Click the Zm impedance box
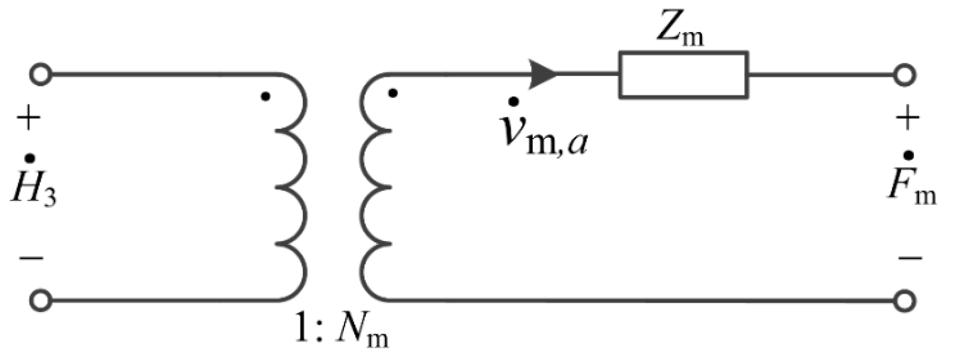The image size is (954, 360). point(683,74)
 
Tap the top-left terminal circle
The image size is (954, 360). point(41,74)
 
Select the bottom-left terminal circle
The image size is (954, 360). point(41,299)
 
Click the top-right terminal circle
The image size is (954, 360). point(904,74)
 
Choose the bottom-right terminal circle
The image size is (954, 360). point(904,299)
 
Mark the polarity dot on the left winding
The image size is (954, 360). point(265,97)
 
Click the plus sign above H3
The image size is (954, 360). point(29,120)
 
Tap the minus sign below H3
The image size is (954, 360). point(31,259)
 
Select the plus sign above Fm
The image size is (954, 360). point(907,120)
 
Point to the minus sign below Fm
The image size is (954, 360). point(909,259)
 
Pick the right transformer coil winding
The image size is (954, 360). point(375,186)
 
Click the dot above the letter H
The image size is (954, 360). point(30,159)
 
